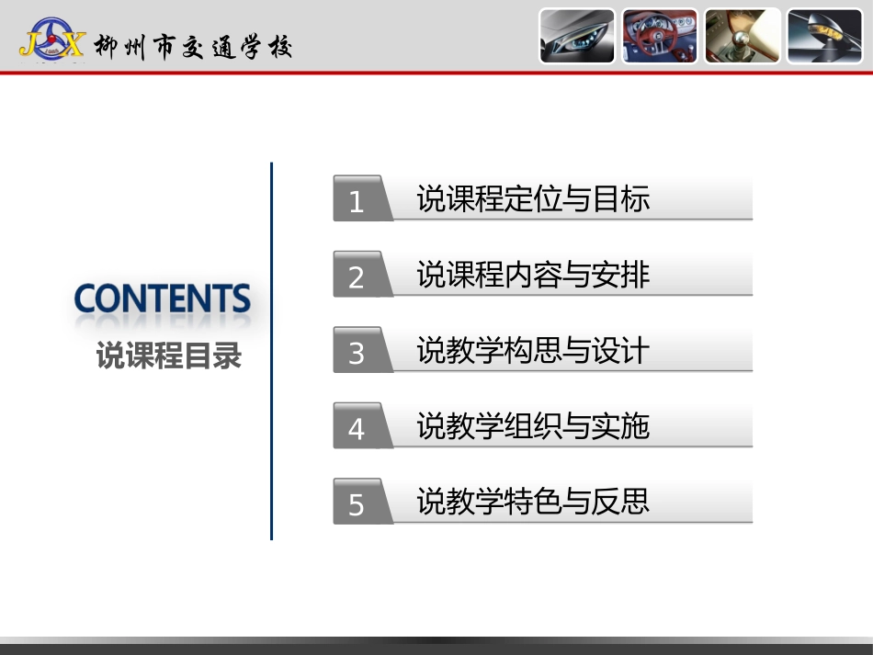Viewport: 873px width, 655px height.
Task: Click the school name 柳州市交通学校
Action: tap(193, 46)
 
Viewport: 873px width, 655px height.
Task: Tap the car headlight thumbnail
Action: tap(577, 37)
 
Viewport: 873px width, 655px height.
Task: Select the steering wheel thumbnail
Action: tap(659, 37)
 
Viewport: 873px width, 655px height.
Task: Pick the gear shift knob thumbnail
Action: tap(743, 37)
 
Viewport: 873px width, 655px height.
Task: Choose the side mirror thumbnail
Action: tap(824, 37)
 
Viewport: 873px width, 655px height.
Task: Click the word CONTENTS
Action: tap(162, 299)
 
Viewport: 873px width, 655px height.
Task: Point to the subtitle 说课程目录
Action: tap(169, 356)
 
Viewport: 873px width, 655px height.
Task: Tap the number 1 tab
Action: tap(357, 201)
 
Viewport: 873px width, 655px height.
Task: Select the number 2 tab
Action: tap(357, 277)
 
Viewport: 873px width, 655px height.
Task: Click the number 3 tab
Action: tap(357, 353)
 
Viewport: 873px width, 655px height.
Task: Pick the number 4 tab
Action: tap(357, 428)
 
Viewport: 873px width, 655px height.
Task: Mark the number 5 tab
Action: tap(357, 504)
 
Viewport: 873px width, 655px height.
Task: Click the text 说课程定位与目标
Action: tap(533, 199)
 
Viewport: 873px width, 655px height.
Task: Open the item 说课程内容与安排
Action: tap(533, 275)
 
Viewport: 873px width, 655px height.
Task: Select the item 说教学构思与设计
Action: tap(533, 350)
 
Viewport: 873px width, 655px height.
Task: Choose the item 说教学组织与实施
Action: tap(533, 426)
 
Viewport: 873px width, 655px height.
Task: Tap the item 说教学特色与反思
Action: tap(533, 502)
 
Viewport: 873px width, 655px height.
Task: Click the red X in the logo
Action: tap(71, 41)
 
